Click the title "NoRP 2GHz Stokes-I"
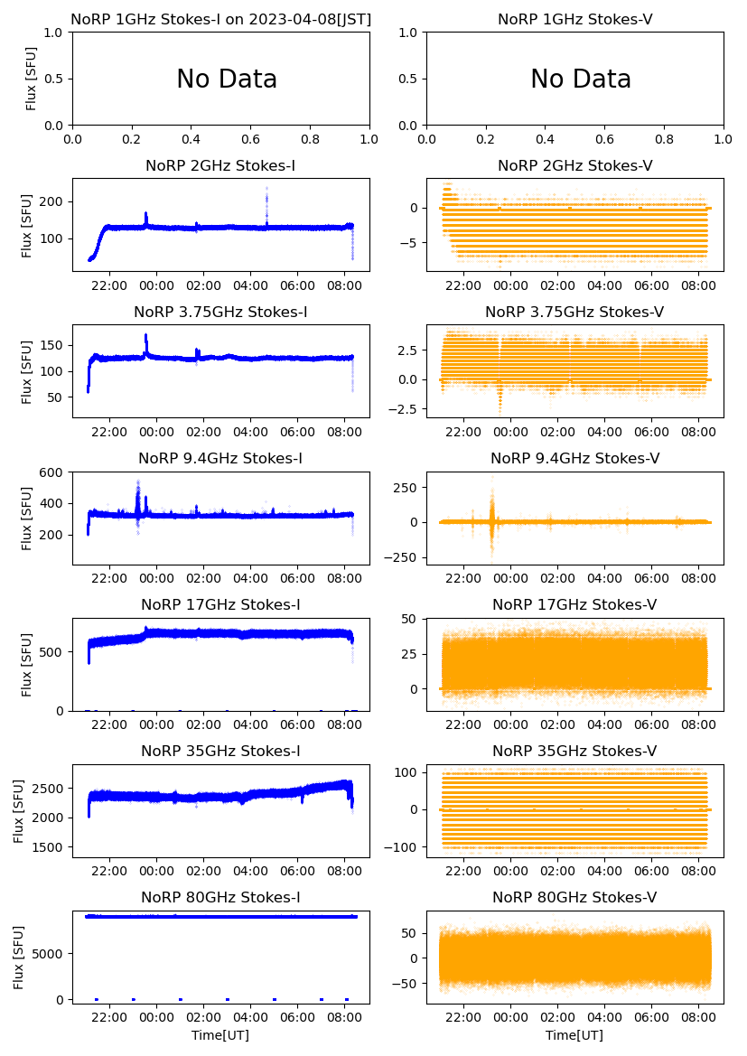(220, 165)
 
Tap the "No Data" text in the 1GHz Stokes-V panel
(581, 79)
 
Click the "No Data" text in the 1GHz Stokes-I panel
(227, 79)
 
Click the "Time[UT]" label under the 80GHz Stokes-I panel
(220, 1035)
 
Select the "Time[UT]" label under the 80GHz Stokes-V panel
(574, 1035)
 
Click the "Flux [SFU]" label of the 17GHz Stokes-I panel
(27, 664)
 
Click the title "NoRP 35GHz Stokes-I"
(220, 751)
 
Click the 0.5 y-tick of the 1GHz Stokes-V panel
(408, 79)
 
